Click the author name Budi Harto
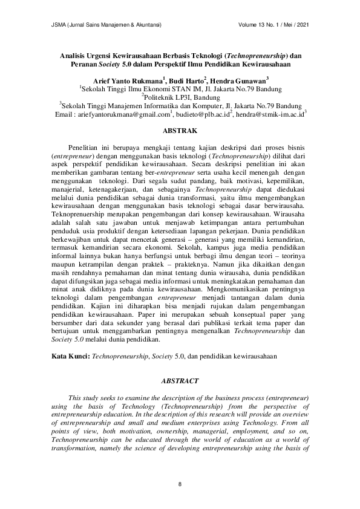point(187,80)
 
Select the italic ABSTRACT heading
point(180,381)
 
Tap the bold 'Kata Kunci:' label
point(71,357)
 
